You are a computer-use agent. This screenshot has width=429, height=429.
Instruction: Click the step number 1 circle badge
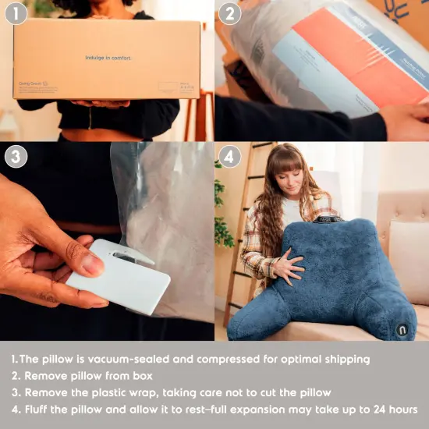point(16,14)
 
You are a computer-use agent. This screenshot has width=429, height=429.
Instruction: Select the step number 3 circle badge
point(16,156)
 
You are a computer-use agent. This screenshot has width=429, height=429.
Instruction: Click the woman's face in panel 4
point(292,179)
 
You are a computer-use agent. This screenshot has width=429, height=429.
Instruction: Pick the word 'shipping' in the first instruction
point(346,360)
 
